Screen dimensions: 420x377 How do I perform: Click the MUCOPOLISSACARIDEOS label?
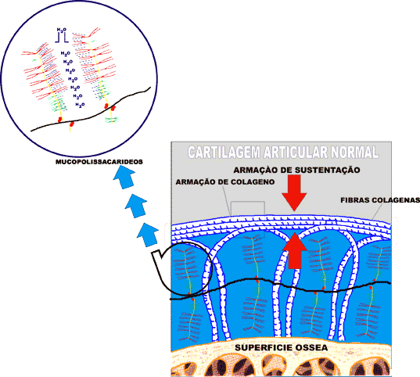tap(99, 162)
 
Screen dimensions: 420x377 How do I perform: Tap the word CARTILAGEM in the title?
tap(224, 153)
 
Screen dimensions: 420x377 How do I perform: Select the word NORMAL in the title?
tap(354, 153)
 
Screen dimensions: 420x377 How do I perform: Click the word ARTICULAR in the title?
tap(295, 153)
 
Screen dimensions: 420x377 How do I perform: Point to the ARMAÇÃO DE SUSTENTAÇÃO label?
tap(296, 171)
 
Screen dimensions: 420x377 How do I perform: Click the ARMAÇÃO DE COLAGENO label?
tap(225, 182)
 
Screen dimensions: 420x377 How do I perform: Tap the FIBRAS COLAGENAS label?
tap(380, 200)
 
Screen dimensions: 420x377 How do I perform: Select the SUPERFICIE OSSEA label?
tap(282, 348)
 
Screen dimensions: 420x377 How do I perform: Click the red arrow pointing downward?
tap(295, 193)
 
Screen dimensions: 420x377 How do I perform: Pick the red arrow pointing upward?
tap(294, 250)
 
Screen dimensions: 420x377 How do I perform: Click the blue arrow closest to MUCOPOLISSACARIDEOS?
tap(124, 177)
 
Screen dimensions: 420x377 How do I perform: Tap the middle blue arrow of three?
tap(136, 206)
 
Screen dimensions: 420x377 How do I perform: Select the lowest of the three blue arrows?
tap(148, 235)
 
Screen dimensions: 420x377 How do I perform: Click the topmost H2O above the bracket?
tap(62, 30)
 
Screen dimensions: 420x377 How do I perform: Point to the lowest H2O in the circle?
tap(80, 105)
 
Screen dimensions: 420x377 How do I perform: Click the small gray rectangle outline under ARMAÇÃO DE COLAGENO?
tap(248, 202)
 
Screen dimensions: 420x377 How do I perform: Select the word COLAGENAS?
tap(397, 200)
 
